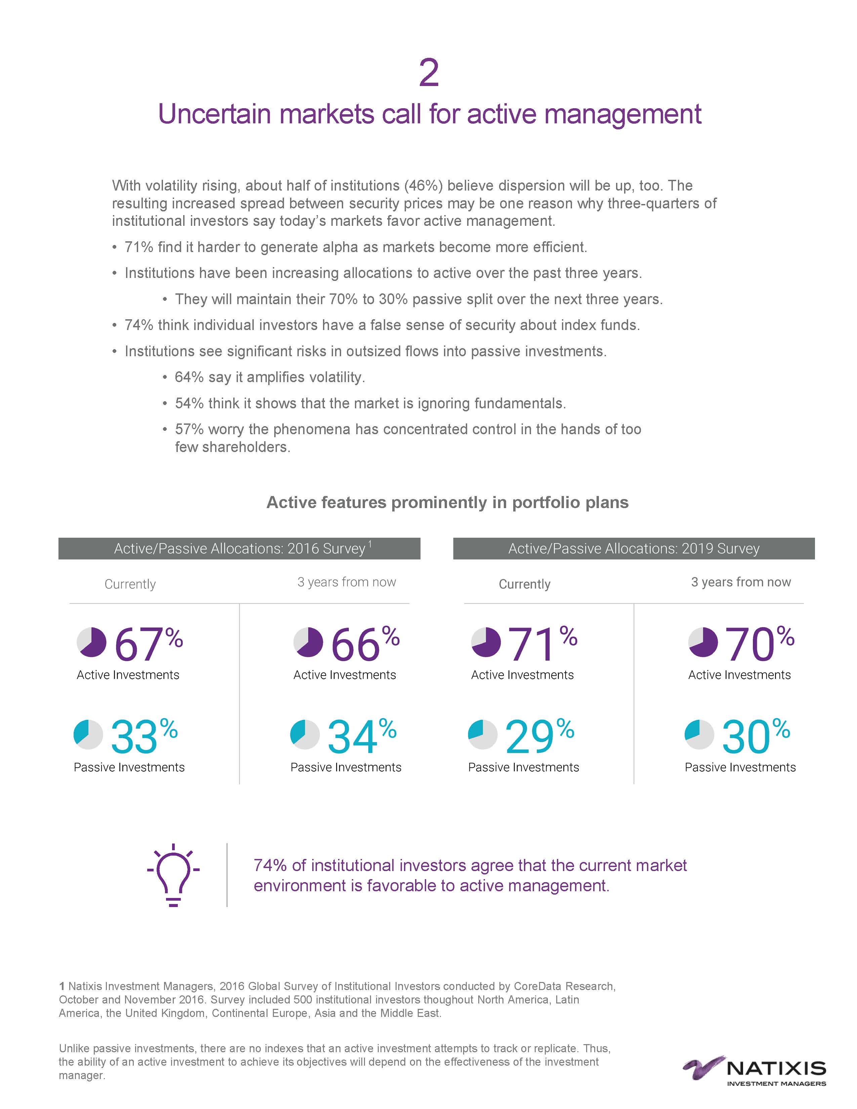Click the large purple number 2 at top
[x=428, y=74]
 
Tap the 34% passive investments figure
[x=361, y=737]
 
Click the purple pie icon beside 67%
[x=91, y=642]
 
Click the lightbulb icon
[x=173, y=875]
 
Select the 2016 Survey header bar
[x=239, y=548]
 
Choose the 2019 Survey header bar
[x=634, y=548]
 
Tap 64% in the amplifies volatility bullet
[x=189, y=377]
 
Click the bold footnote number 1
[x=62, y=986]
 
